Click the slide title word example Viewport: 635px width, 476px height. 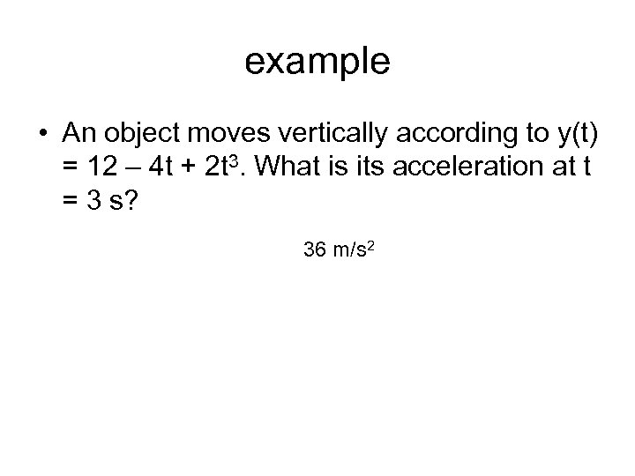317,61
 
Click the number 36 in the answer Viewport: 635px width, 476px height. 313,250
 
